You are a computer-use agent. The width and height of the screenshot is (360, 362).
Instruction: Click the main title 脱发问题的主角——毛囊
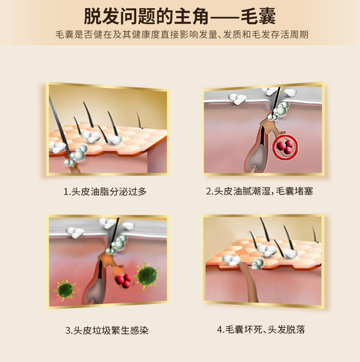click(180, 16)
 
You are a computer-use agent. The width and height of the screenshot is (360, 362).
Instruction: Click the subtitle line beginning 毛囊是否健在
click(182, 35)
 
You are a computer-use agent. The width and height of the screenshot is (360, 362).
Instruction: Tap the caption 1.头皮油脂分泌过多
click(105, 191)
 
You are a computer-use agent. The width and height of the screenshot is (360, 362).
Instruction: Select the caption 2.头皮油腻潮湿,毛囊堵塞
click(259, 191)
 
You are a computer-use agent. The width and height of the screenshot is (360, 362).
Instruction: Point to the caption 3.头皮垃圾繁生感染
click(107, 330)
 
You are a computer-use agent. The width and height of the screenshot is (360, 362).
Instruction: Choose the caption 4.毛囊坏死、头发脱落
click(261, 330)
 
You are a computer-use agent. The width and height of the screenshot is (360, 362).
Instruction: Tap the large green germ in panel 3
click(148, 275)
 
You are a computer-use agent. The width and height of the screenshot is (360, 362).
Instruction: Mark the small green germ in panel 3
click(65, 290)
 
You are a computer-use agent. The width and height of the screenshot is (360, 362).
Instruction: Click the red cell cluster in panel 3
click(123, 280)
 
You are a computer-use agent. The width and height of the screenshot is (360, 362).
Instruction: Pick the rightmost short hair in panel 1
click(139, 120)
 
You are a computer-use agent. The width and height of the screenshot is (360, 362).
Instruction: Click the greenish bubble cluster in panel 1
click(76, 155)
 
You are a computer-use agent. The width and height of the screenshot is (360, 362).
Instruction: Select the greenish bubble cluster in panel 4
click(257, 264)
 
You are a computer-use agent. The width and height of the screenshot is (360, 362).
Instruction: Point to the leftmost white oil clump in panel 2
click(237, 99)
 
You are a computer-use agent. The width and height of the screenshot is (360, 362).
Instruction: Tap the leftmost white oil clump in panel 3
click(75, 232)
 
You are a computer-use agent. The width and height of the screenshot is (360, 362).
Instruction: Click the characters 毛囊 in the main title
click(258, 16)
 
